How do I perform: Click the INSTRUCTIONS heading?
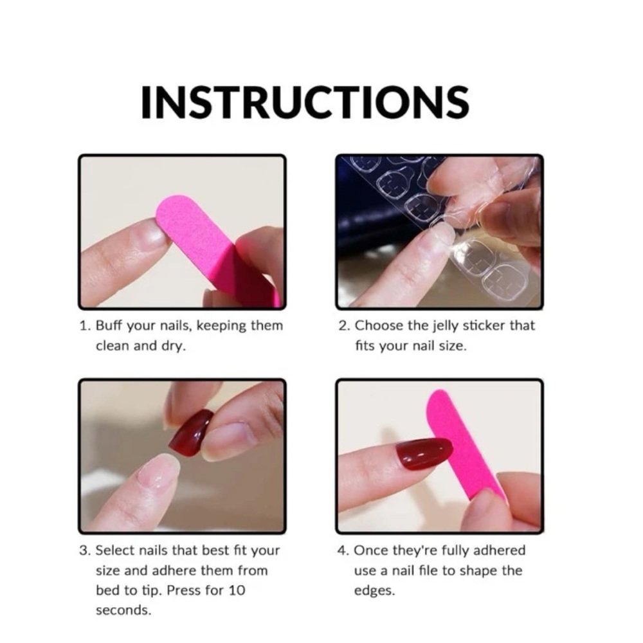(305, 102)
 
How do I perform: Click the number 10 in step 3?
(237, 590)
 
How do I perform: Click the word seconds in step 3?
(123, 610)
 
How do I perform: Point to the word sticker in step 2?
(484, 325)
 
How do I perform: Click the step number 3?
(84, 550)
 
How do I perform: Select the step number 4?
(343, 550)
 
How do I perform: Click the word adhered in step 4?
(499, 550)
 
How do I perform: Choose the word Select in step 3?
(115, 550)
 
